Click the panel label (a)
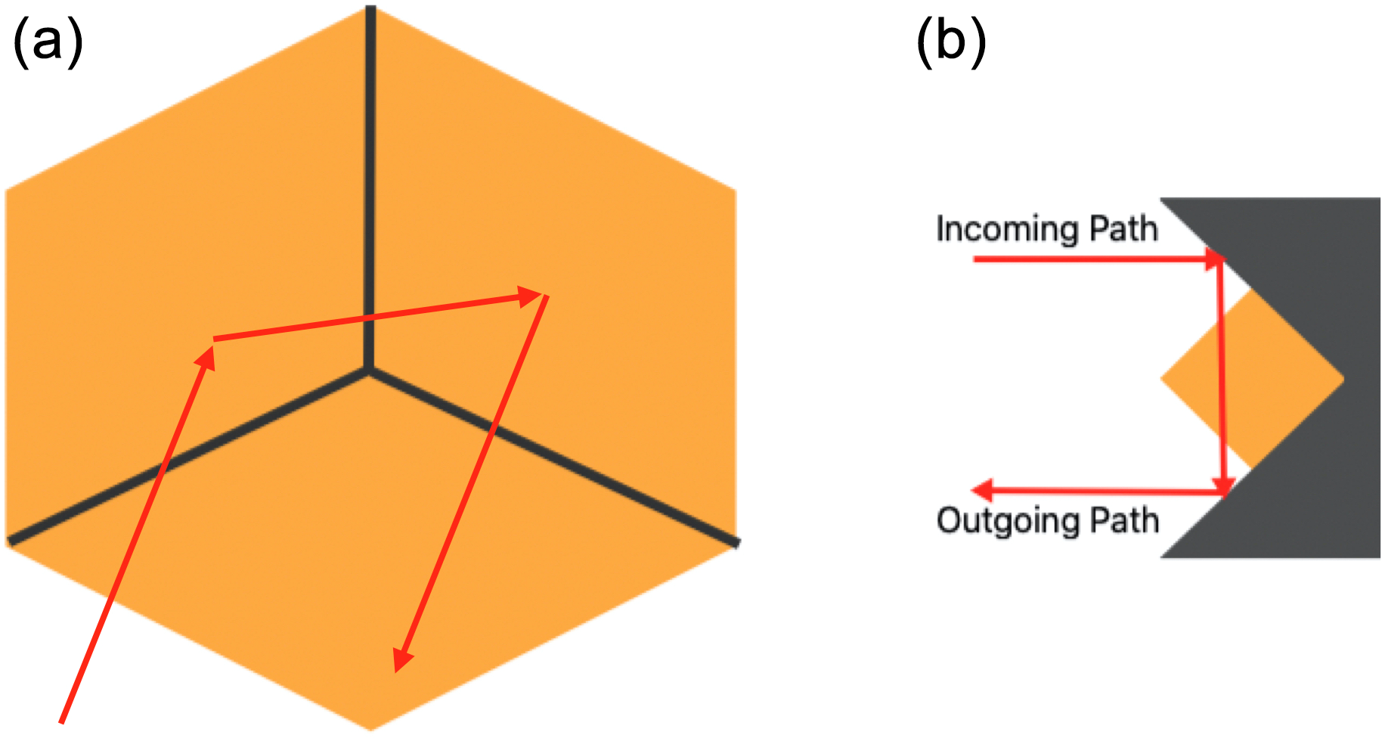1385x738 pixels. click(x=48, y=43)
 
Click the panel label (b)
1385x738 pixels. click(x=951, y=43)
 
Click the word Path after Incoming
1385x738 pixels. click(x=1123, y=228)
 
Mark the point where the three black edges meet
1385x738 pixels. click(x=370, y=370)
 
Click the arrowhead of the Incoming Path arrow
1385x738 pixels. click(x=1213, y=259)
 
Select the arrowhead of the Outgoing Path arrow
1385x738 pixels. click(x=981, y=491)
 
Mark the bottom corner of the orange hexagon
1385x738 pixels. click(x=370, y=728)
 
